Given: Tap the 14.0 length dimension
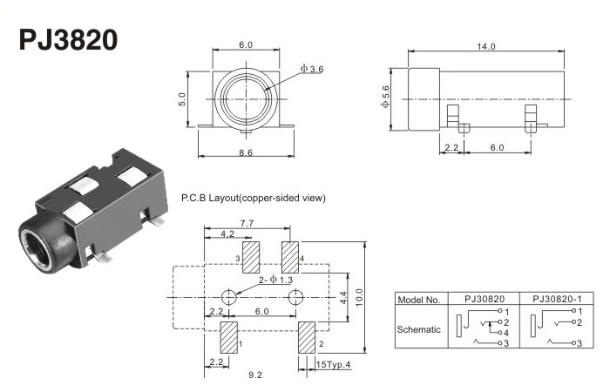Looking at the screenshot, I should coord(485,46).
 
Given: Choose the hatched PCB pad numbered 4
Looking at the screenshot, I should coord(290,255).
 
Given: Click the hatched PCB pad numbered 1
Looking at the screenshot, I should coord(228,337).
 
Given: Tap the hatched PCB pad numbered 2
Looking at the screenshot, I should coord(307,337).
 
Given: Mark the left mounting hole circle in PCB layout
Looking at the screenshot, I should coord(229,296).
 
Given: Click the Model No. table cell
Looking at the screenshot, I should coord(420,300).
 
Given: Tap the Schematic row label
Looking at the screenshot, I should coord(420,328).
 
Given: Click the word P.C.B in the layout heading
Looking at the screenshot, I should coord(194,198).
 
